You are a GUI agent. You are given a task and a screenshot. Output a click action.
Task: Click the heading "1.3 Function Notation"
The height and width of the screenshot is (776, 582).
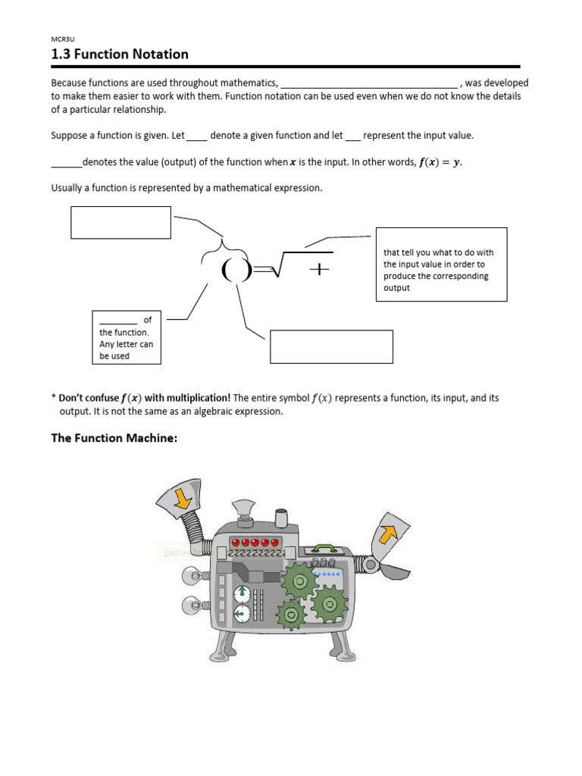pos(120,54)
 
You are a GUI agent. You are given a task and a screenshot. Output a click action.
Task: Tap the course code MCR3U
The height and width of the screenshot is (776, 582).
pos(61,39)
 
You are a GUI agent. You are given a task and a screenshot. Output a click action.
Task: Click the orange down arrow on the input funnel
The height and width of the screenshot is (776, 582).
pos(182,498)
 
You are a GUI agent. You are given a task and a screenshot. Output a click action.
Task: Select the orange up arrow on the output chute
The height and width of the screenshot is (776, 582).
pos(389,534)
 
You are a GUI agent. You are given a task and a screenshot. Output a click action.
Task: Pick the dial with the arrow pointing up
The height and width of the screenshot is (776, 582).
pos(241,593)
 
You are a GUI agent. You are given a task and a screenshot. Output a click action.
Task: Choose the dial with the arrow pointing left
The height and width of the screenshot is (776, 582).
pos(241,614)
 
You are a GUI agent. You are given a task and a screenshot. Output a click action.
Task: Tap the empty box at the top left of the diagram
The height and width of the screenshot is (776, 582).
pos(120,222)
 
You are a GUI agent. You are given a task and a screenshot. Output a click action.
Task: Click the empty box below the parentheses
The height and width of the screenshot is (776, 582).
pos(331,346)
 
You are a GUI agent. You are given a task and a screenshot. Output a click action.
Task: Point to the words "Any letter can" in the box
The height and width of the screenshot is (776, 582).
pos(126,344)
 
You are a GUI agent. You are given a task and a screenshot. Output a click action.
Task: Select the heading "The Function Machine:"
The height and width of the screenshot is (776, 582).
pos(114,438)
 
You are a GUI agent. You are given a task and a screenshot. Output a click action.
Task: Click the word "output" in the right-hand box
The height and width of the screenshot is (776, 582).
pos(396,288)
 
